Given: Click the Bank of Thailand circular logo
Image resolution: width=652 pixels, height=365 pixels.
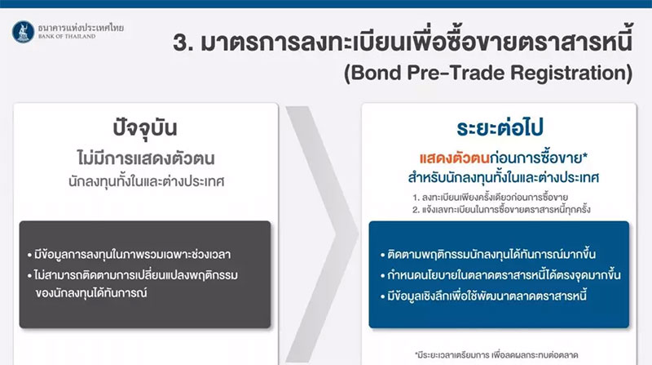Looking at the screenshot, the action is pyautogui.click(x=24, y=32).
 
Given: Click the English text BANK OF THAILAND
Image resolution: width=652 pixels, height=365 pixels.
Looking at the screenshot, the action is pyautogui.click(x=67, y=37).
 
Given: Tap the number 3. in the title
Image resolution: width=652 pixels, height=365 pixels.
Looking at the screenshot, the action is pyautogui.click(x=183, y=42).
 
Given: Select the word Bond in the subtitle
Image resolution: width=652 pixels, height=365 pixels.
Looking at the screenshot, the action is pyautogui.click(x=372, y=73).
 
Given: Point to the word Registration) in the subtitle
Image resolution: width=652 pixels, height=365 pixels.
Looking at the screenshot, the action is pyautogui.click(x=571, y=73).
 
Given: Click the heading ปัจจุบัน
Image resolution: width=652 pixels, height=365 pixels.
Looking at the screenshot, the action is pyautogui.click(x=145, y=128).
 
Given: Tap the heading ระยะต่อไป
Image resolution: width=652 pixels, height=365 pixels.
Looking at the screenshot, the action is pyautogui.click(x=500, y=127).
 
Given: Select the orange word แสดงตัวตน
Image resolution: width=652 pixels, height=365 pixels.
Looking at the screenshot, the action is pyautogui.click(x=454, y=158).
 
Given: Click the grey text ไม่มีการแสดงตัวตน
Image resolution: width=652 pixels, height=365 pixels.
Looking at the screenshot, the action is pyautogui.click(x=146, y=158).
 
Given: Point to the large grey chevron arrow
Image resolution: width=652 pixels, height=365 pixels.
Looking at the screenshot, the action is pyautogui.click(x=321, y=234).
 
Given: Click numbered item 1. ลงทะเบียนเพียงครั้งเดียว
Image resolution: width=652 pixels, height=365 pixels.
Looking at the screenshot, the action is pyautogui.click(x=491, y=197).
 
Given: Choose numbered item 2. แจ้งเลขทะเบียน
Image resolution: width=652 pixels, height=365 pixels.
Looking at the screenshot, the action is pyautogui.click(x=501, y=209).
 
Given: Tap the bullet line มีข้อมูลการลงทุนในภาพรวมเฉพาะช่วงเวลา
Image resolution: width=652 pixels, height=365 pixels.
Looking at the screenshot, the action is pyautogui.click(x=129, y=254).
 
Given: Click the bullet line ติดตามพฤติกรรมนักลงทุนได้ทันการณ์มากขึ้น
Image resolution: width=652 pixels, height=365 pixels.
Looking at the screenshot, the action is pyautogui.click(x=488, y=254).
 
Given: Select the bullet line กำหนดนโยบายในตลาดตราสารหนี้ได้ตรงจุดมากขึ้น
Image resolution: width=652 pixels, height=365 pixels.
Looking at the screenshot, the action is pyautogui.click(x=500, y=275).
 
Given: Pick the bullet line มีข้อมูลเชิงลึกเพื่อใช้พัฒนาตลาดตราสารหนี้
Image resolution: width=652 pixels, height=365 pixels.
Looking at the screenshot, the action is pyautogui.click(x=483, y=296).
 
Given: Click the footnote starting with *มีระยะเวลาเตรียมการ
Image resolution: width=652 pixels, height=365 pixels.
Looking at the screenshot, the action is pyautogui.click(x=496, y=355).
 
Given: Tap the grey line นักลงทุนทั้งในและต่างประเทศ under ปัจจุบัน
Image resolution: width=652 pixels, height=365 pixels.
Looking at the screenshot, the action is pyautogui.click(x=147, y=181).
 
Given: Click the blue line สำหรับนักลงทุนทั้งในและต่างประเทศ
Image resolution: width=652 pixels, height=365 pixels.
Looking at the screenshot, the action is pyautogui.click(x=504, y=178).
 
